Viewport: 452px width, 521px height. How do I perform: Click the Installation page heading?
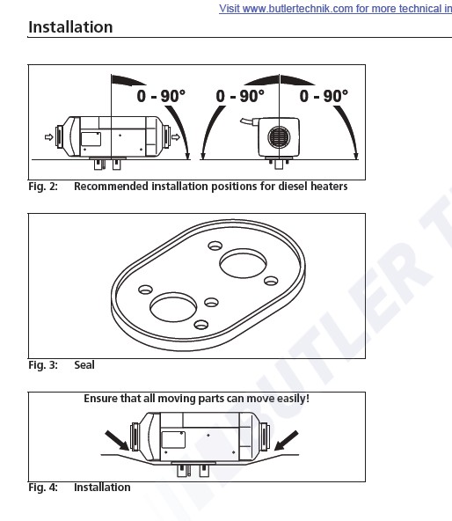70,27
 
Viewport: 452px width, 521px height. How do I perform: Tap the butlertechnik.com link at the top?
335,8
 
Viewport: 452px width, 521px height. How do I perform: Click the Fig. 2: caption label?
43,187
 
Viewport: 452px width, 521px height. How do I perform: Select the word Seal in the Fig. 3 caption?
84,365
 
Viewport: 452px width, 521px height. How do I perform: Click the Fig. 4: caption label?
43,488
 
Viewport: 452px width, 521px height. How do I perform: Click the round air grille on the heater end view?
279,137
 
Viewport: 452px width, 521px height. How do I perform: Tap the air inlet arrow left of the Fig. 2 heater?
49,137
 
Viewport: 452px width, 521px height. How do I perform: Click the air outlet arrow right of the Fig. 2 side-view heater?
176,137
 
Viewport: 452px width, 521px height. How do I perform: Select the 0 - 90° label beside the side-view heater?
161,96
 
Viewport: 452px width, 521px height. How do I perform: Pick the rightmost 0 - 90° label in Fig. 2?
324,96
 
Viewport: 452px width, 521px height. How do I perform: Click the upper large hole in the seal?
243,263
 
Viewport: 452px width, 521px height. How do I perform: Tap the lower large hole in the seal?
173,307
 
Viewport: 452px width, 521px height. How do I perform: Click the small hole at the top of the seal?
215,246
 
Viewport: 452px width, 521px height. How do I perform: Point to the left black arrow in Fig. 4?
117,441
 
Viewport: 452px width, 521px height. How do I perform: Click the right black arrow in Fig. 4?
287,441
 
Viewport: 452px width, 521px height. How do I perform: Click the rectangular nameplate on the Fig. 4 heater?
173,440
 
